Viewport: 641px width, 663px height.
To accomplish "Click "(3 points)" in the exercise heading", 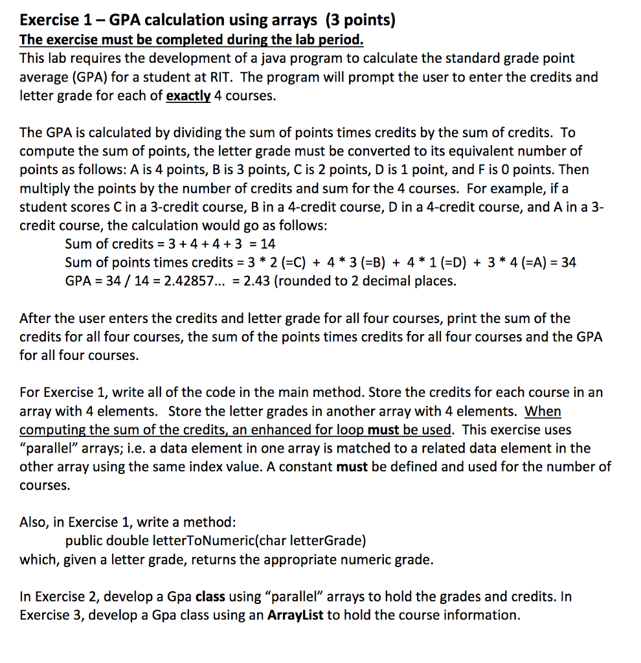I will tap(360, 19).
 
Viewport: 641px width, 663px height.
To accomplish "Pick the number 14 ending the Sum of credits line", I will tap(267, 244).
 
